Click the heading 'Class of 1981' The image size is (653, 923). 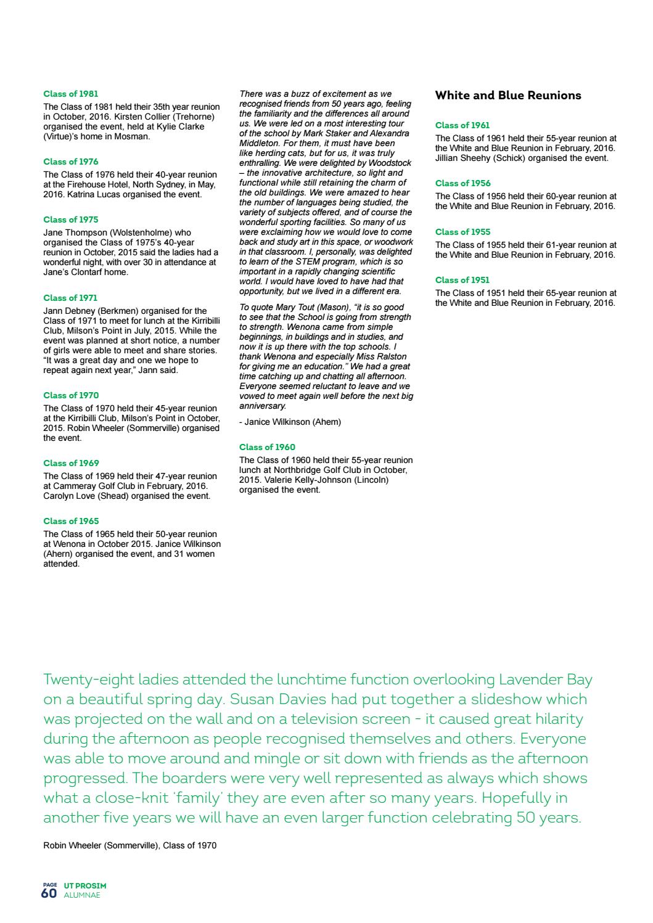(70, 94)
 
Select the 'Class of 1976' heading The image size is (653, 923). (70, 162)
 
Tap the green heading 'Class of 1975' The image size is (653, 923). (70, 219)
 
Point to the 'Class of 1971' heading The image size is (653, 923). (70, 298)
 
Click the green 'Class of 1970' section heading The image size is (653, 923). (70, 395)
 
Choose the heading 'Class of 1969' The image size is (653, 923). (70, 463)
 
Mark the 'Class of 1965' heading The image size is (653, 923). (70, 521)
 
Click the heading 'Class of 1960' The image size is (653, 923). (267, 447)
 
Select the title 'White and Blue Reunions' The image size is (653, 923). (507, 96)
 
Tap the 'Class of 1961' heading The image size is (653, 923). (462, 125)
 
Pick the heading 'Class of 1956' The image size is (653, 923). (462, 183)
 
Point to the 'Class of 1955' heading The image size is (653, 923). (462, 232)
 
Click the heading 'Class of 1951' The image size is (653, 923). (462, 280)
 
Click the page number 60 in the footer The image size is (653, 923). (49, 893)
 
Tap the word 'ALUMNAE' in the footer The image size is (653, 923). (82, 895)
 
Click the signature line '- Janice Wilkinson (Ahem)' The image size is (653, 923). (290, 422)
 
